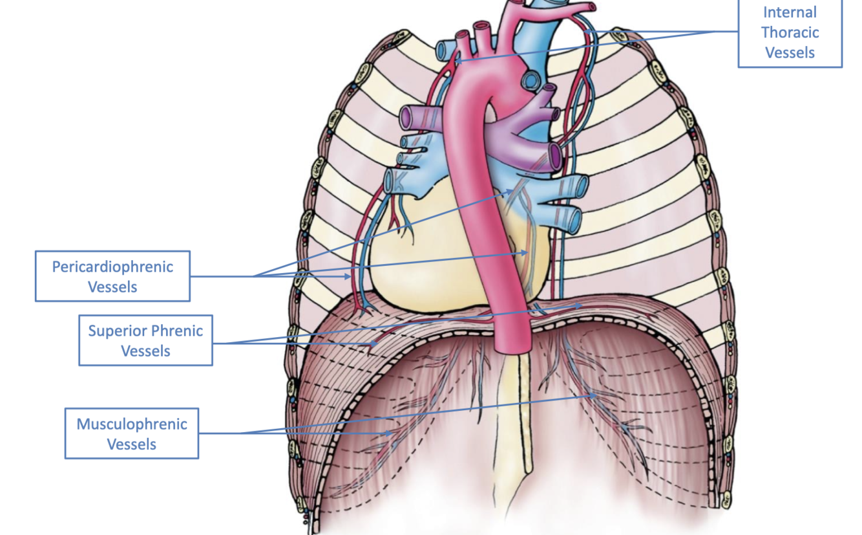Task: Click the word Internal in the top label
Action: [x=790, y=12]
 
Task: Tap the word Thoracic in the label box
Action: [x=790, y=32]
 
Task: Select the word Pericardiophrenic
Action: [x=112, y=267]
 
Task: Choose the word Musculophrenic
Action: [x=132, y=424]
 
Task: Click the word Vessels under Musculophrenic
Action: [x=132, y=444]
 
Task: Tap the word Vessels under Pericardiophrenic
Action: [x=112, y=287]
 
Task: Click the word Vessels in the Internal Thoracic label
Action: [x=790, y=52]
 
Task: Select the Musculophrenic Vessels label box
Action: [x=132, y=433]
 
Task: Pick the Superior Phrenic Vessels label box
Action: [x=145, y=340]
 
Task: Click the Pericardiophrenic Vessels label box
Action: [x=112, y=276]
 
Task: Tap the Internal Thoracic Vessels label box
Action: [x=790, y=32]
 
